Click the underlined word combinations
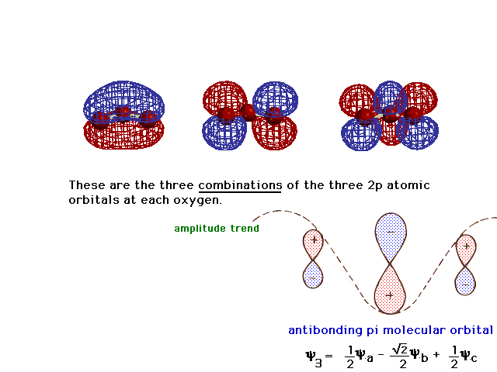240,185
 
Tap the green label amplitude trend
217,229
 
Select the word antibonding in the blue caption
325,330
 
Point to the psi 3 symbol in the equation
314,357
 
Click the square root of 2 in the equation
400,350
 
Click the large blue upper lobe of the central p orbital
391,236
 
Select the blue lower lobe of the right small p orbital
465,281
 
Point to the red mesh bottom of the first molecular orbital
123,136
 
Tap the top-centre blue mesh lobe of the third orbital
390,96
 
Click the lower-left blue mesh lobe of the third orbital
360,134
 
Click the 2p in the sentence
375,185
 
